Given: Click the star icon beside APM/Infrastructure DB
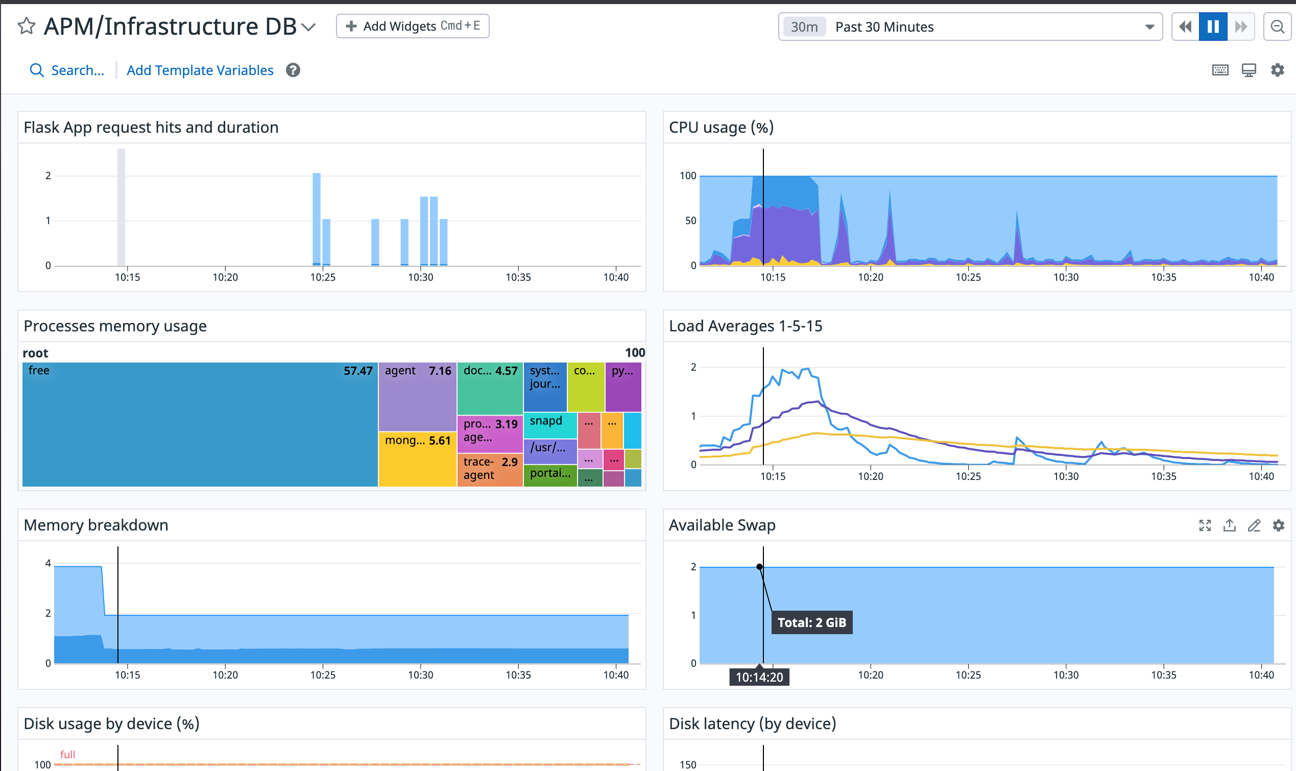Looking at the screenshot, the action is pos(26,26).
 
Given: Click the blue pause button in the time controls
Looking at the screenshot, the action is pos(1213,27).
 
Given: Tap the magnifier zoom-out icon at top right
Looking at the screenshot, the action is pos(1277,27).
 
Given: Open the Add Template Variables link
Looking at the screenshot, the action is pos(200,70).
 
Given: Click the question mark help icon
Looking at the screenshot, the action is pos(293,70).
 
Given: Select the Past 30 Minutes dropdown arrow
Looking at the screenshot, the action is pos(1149,27).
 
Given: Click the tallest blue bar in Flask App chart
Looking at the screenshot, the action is pos(316,219).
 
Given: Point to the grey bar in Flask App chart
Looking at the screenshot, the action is pos(121,207).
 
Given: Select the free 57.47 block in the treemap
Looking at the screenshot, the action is pos(200,424).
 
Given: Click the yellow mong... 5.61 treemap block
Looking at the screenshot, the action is pos(418,459).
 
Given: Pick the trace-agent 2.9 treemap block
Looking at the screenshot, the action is pos(490,470).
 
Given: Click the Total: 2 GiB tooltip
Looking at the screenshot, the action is pos(812,622).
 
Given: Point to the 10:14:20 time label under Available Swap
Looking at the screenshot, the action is pos(759,677).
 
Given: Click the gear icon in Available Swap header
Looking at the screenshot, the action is pos(1278,525).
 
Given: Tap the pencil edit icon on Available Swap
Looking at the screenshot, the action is pos(1254,525).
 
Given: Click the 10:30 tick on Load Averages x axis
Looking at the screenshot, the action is pos(1066,476).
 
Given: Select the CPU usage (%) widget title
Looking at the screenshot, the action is pos(721,127).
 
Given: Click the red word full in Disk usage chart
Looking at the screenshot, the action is pos(67,754).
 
